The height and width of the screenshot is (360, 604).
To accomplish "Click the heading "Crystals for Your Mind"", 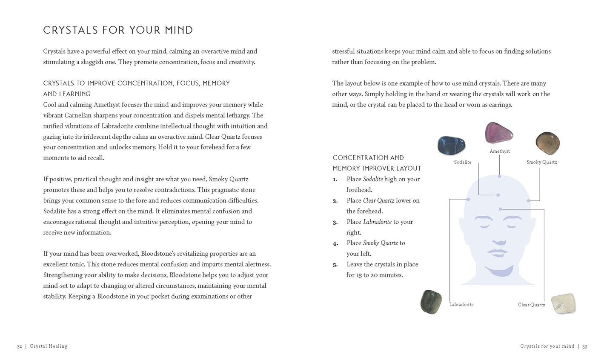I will tap(118, 30).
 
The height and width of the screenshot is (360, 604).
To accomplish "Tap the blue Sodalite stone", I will tap(451, 146).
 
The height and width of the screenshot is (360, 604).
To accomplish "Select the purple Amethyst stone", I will tap(499, 133).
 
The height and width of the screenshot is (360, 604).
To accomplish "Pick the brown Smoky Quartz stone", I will tap(547, 143).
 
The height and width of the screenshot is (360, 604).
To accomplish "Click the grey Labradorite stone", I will tap(431, 302).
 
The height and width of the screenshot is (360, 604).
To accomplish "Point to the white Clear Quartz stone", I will tap(563, 304).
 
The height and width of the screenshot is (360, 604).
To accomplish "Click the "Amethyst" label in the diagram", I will tap(500, 151).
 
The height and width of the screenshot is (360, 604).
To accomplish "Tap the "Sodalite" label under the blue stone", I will tap(462, 162).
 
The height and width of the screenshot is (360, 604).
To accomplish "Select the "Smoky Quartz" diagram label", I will tap(541, 162).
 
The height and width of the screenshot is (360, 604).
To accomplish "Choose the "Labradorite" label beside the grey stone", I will tap(461, 305).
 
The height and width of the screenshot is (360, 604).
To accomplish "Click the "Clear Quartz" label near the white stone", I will tap(531, 305).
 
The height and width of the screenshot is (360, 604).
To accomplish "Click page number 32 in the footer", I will tap(20, 346).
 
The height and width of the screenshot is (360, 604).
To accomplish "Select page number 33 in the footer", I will tap(585, 346).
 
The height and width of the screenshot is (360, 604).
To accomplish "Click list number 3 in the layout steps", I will tap(335, 222).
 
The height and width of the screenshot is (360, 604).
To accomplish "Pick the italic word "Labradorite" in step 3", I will tap(377, 222).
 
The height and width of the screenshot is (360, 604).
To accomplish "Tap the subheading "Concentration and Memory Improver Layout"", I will tap(377, 163).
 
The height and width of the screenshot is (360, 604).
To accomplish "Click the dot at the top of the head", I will tap(499, 175).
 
